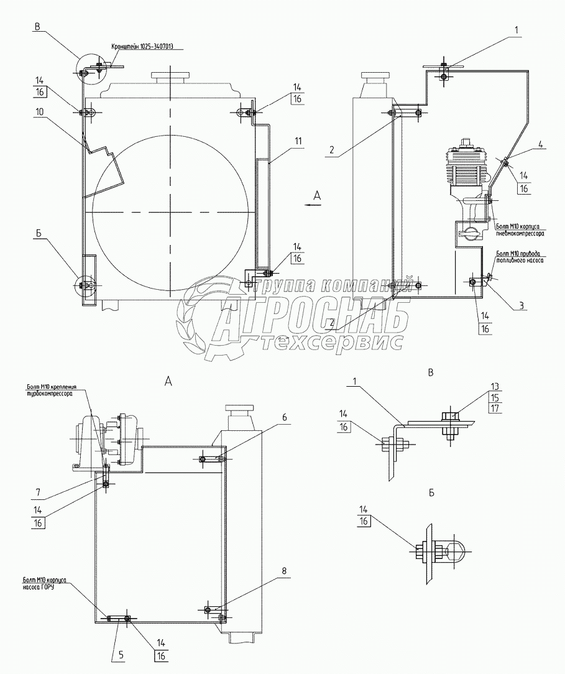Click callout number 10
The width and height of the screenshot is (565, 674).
point(39,112)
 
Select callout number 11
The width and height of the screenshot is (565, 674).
point(298,141)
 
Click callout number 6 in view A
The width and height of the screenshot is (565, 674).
point(284,418)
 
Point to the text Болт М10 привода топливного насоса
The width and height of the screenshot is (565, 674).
point(520,257)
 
